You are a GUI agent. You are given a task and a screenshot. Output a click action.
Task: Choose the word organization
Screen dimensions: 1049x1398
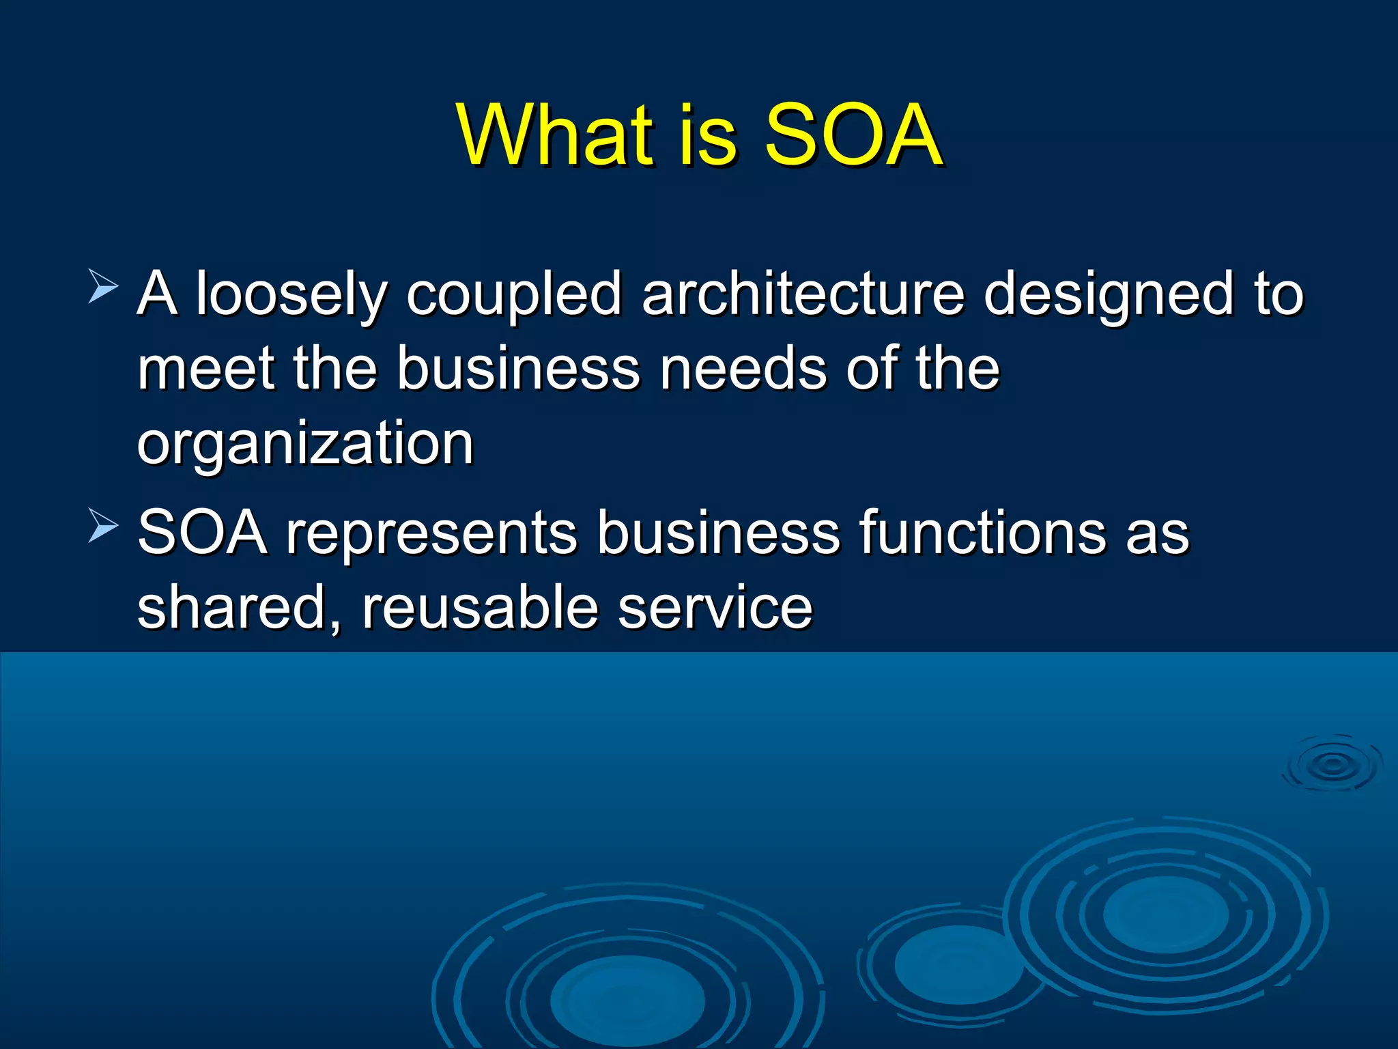(305, 445)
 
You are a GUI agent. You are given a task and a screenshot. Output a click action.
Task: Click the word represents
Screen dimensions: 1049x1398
(431, 533)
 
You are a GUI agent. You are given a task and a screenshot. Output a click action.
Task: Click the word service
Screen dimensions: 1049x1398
(715, 609)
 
